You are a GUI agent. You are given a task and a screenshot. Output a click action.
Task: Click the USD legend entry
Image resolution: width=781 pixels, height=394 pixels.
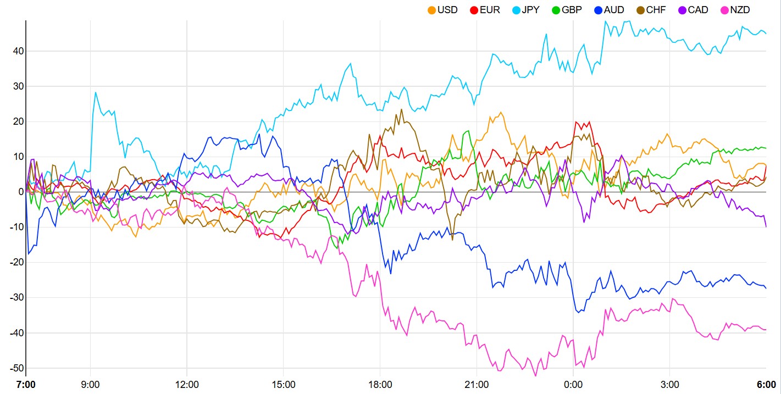[442, 10]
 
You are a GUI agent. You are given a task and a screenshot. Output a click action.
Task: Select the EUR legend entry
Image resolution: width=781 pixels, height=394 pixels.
[485, 10]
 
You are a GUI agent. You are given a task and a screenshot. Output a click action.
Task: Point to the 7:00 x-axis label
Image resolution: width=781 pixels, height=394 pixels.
[26, 384]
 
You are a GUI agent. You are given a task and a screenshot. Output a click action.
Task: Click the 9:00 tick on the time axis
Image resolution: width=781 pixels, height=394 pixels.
[90, 384]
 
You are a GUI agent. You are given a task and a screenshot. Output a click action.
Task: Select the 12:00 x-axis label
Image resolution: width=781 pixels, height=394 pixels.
[187, 384]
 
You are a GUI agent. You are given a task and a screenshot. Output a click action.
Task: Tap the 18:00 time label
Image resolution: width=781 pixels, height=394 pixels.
[380, 384]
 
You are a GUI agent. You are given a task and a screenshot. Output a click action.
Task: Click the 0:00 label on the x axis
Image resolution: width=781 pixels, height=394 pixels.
[573, 384]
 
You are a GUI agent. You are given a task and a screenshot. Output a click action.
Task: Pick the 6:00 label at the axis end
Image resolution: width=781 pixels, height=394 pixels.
[766, 384]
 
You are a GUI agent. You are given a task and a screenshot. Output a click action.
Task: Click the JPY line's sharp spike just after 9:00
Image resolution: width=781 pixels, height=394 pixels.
[95, 92]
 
